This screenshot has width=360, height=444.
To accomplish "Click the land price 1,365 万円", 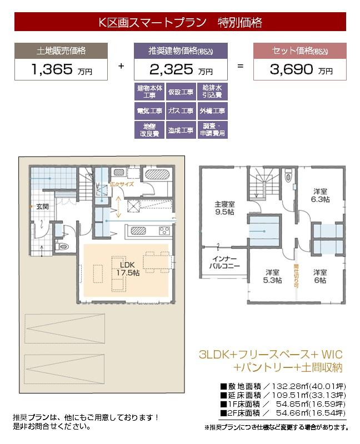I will tap(62, 70).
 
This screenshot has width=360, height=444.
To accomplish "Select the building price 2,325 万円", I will tap(181, 70).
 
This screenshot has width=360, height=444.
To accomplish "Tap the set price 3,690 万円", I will tap(299, 70).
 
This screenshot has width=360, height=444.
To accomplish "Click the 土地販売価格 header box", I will tap(62, 51).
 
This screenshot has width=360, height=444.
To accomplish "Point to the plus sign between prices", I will tap(121, 65).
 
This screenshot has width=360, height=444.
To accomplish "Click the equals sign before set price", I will tap(240, 65).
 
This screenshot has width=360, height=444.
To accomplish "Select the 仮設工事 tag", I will tap(181, 92).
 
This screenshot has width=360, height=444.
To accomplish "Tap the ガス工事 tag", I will tap(181, 111).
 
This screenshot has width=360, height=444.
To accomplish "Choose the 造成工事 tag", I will tap(181, 130).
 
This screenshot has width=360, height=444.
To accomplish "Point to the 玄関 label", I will tap(43, 206).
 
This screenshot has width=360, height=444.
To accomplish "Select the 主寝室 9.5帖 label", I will tap(225, 208).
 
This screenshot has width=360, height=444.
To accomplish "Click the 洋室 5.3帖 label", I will tap(272, 276).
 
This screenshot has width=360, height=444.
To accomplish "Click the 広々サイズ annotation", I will tap(121, 184).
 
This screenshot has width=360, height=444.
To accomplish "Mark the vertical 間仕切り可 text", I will tap(296, 275).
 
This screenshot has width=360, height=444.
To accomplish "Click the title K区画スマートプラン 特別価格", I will tap(180, 23).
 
